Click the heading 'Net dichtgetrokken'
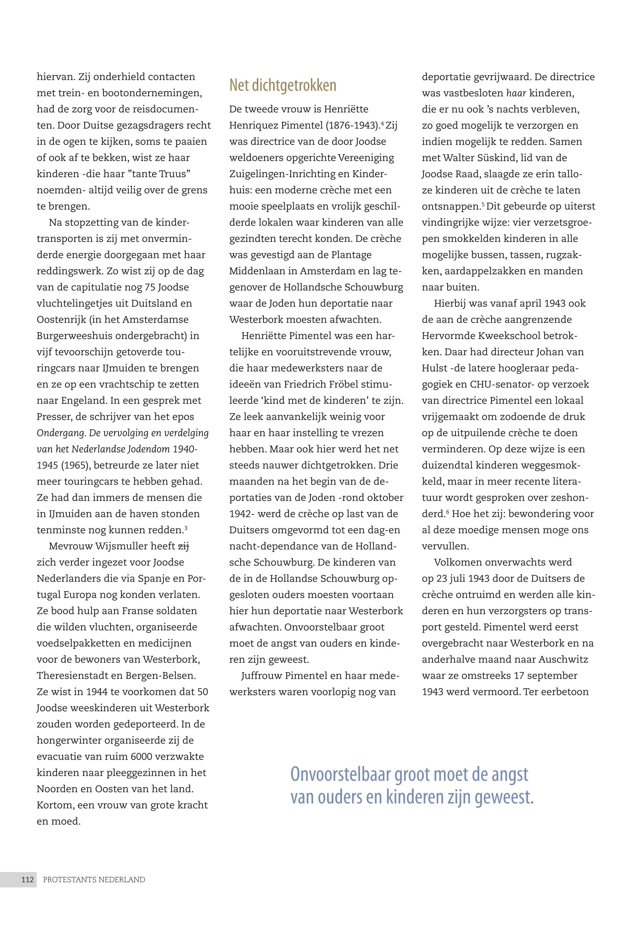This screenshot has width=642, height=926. click(x=283, y=85)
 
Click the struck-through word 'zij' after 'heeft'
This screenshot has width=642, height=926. click(x=183, y=546)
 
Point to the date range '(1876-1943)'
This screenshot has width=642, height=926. click(x=350, y=126)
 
